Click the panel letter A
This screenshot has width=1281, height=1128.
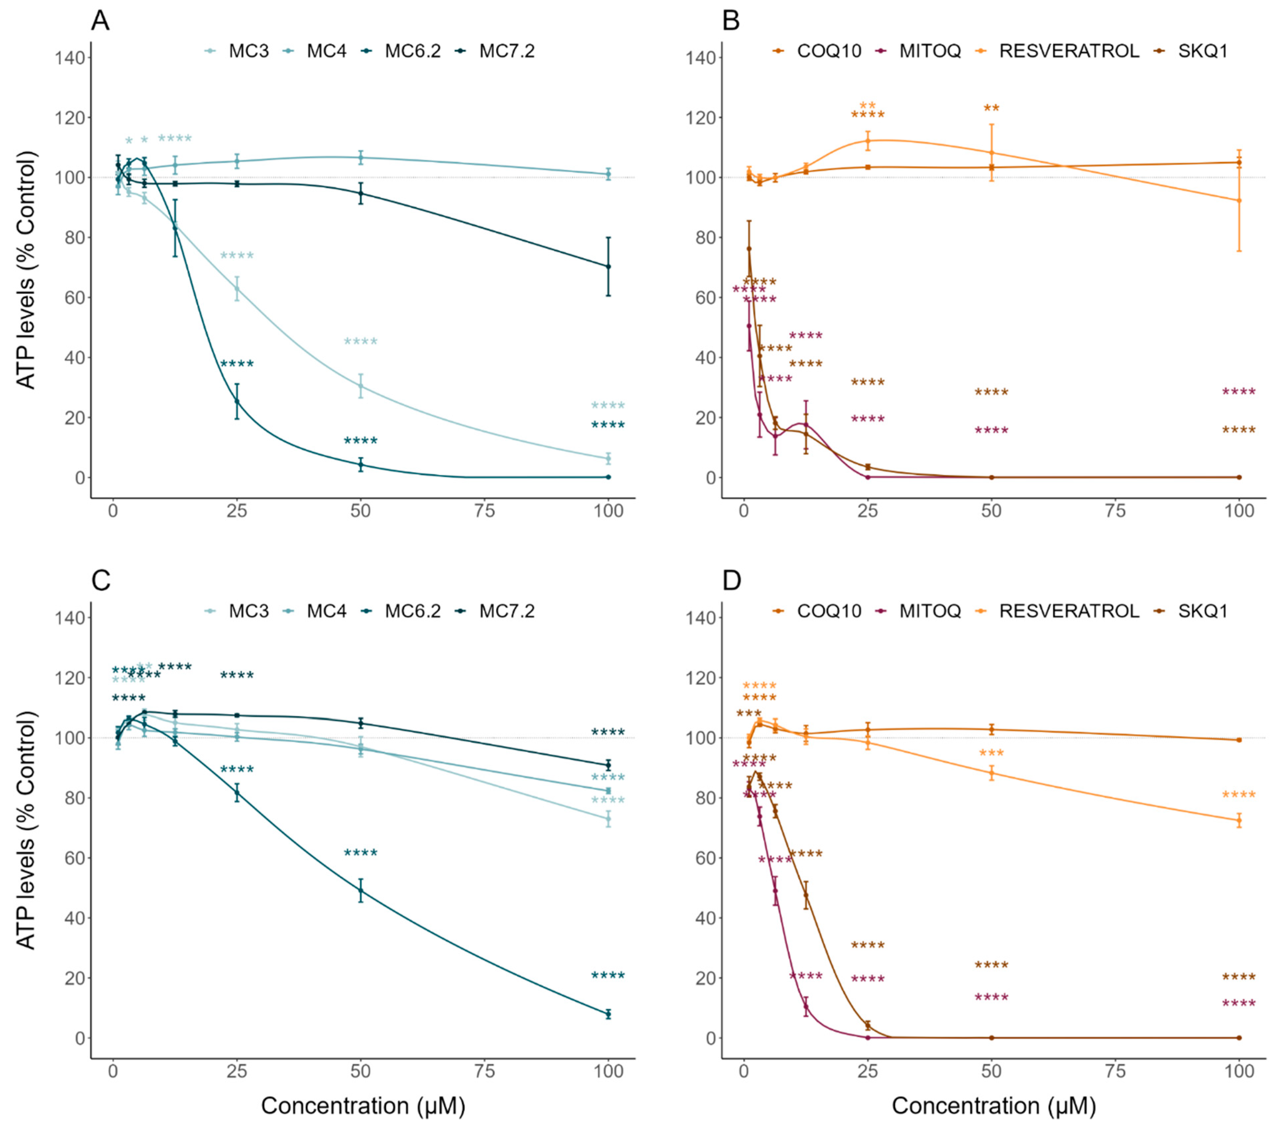click(x=100, y=21)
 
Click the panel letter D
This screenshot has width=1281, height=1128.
click(x=731, y=581)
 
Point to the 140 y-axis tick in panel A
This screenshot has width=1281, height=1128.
click(x=70, y=58)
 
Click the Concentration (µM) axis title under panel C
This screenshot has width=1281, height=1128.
click(x=363, y=1105)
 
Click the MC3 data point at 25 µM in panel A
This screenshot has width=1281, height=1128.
click(x=237, y=289)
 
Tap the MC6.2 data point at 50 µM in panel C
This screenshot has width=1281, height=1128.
click(x=361, y=890)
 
